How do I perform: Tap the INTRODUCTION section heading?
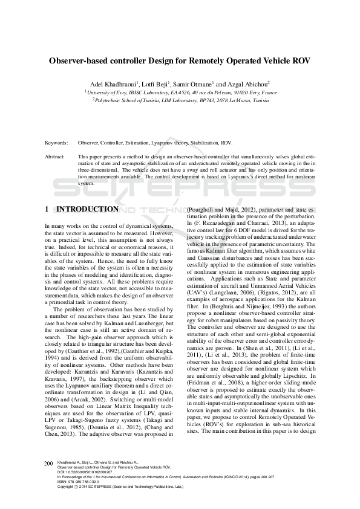click(87, 209)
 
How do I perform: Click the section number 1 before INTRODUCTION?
click(47, 209)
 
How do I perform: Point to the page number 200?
click(49, 463)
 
